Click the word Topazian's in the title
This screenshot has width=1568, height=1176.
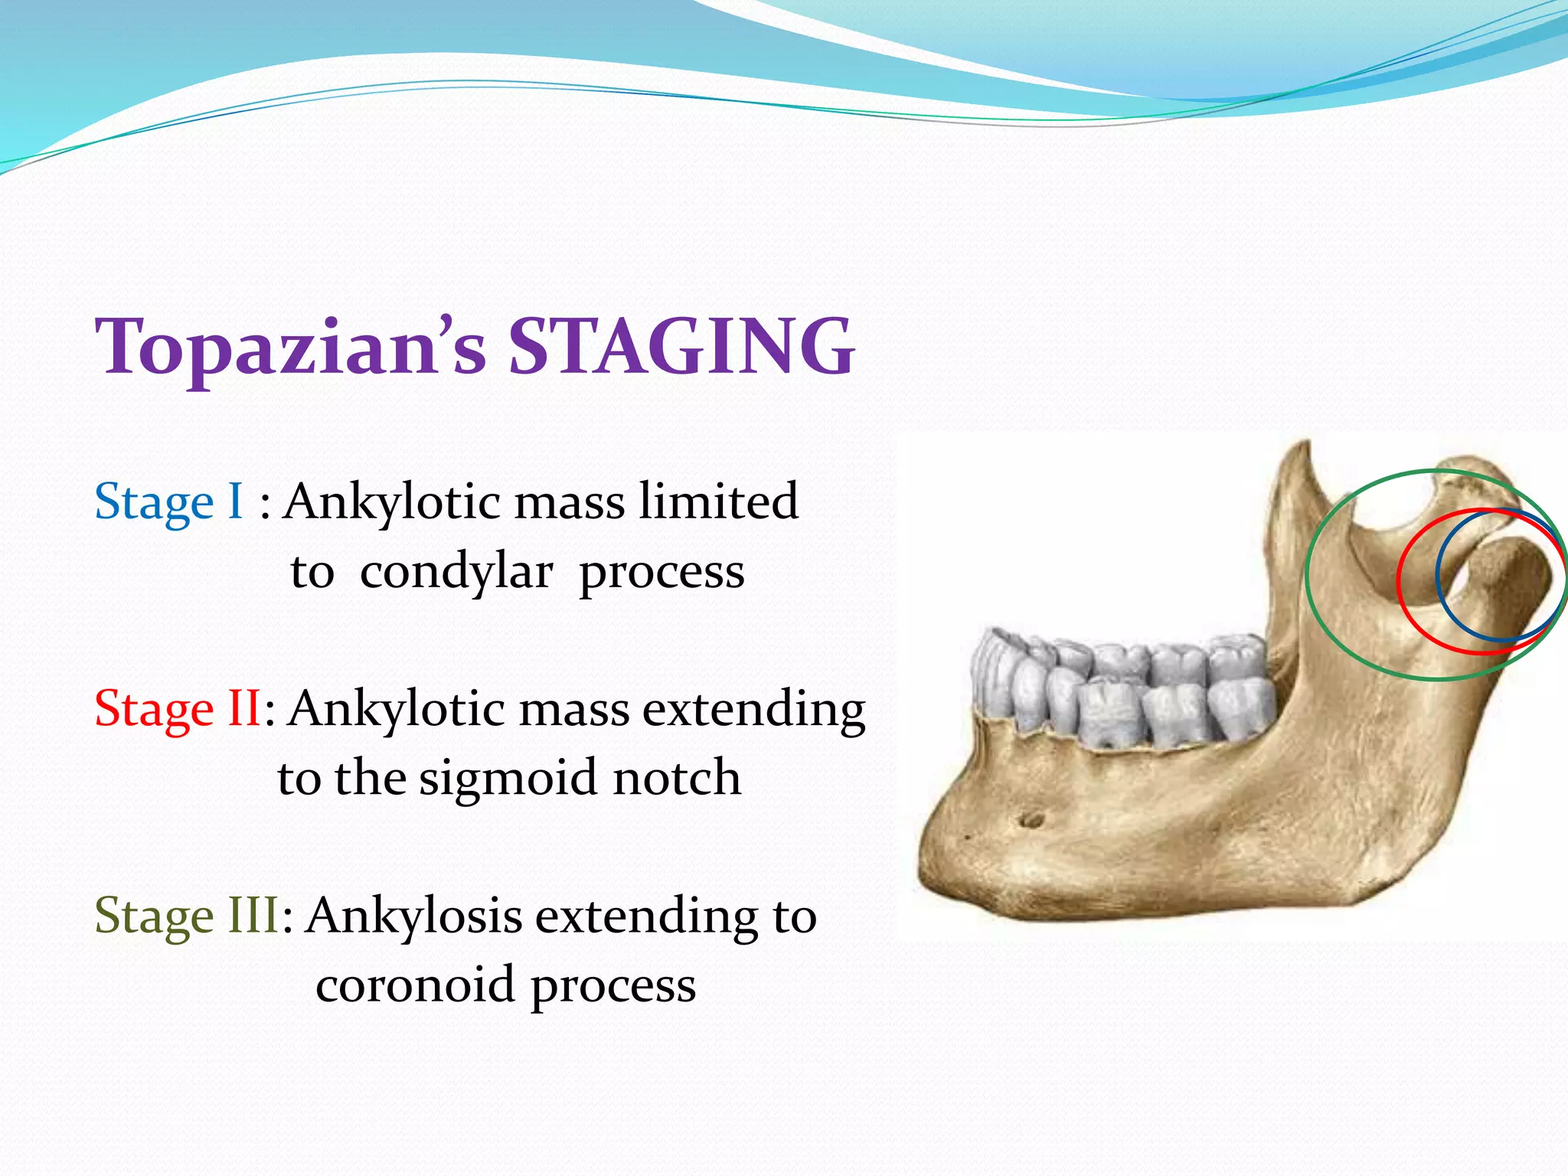coord(291,348)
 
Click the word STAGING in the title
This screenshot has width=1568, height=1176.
coord(681,348)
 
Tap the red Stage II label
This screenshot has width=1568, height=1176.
coord(178,709)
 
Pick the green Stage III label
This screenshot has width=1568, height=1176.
coord(187,916)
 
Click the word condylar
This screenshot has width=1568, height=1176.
coord(456,572)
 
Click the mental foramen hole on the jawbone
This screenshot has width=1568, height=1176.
coord(1031,820)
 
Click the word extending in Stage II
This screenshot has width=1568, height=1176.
coord(753,709)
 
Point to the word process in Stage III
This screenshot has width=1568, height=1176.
coord(613,985)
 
